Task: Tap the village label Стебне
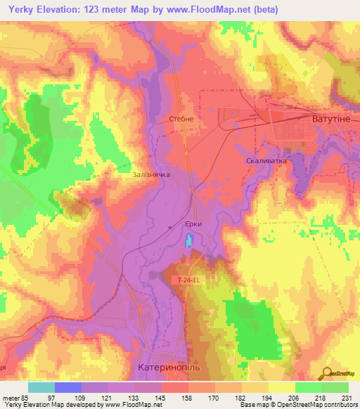pos(181,119)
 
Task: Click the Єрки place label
pos(193,223)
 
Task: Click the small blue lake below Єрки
pos(188,243)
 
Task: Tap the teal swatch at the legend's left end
pos(41,387)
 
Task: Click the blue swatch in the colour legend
pos(67,387)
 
